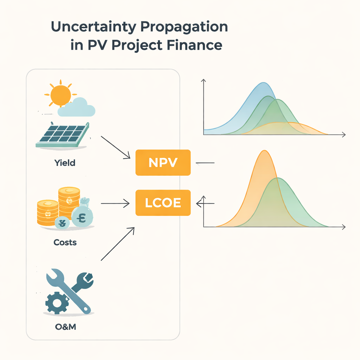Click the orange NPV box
click(163, 162)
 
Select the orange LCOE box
click(163, 203)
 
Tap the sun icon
click(60, 94)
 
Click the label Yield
click(65, 163)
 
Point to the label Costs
click(65, 242)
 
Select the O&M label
click(66, 327)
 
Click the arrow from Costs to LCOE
click(114, 203)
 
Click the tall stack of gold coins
click(69, 201)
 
